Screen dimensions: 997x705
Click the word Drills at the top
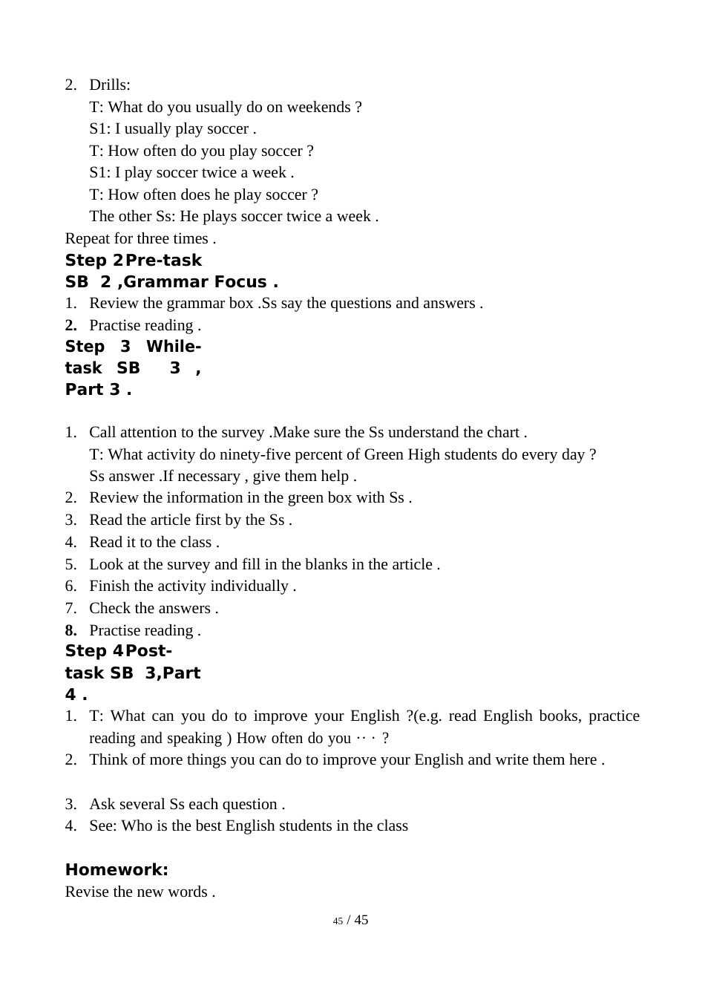pyautogui.click(x=109, y=85)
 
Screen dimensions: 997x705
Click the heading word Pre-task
pyautogui.click(x=164, y=260)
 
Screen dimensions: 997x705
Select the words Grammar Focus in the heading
pyautogui.click(x=195, y=281)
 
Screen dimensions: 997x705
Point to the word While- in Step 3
pyautogui.click(x=174, y=347)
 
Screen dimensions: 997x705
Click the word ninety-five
pyautogui.click(x=262, y=454)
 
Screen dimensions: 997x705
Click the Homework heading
pyautogui.click(x=117, y=869)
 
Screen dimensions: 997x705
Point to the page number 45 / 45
pyautogui.click(x=351, y=920)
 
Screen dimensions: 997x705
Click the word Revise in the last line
pyautogui.click(x=87, y=892)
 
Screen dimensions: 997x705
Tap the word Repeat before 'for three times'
pyautogui.click(x=88, y=238)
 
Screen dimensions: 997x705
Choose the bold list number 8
pyautogui.click(x=70, y=630)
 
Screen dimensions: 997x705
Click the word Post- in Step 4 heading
pyautogui.click(x=149, y=651)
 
